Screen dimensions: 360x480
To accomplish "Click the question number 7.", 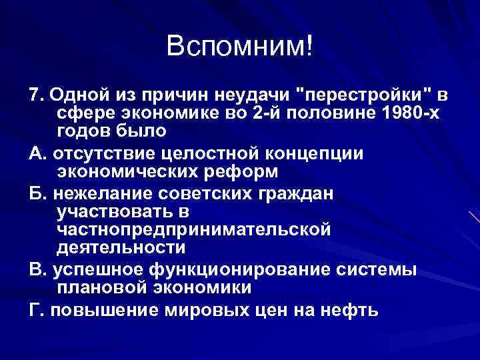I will [x=34, y=93].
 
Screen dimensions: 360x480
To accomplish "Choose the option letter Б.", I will [x=36, y=193].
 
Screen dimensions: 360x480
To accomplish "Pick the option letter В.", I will [x=36, y=269].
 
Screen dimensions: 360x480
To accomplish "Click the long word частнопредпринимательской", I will [x=194, y=230].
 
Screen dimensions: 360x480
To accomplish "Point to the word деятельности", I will [x=121, y=249].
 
